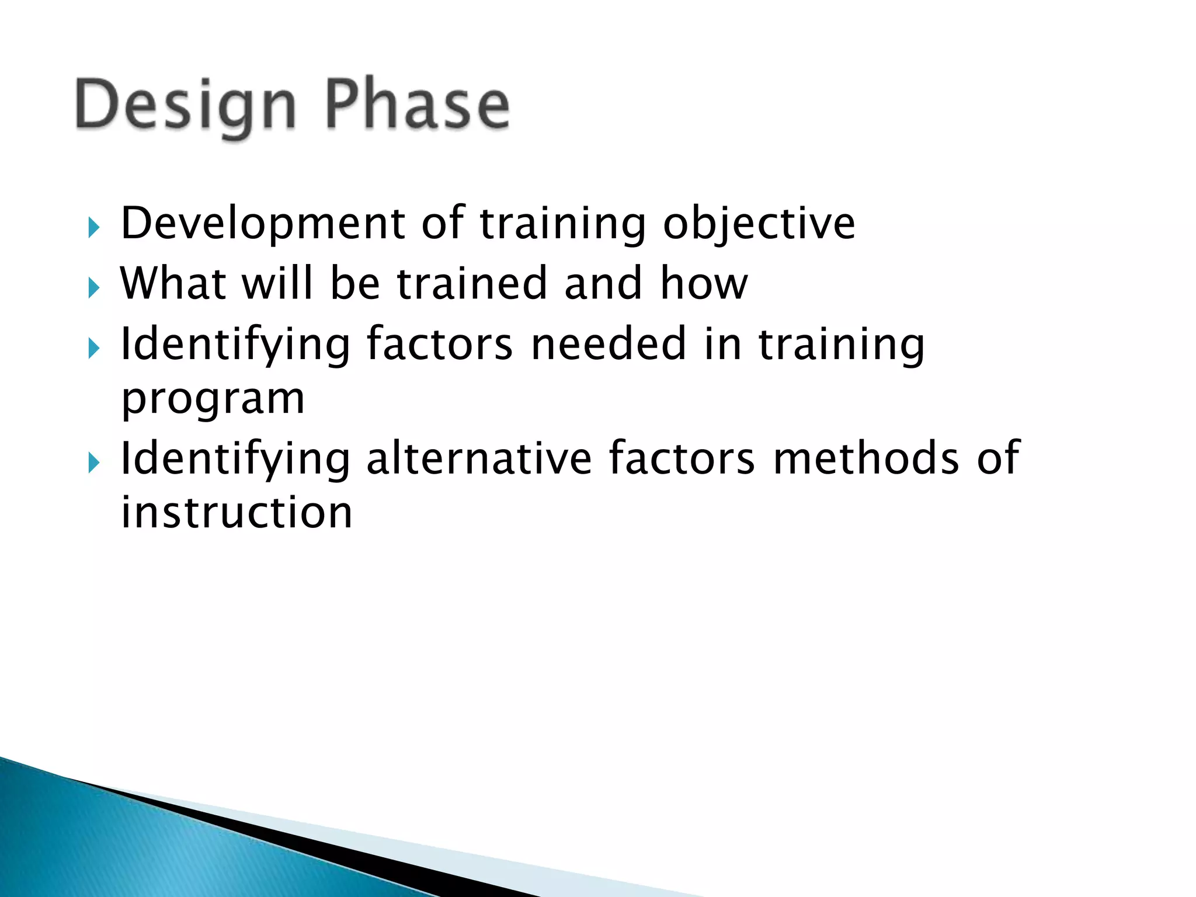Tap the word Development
263,224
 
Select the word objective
759,224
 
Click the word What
173,284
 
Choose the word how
704,284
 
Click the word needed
609,344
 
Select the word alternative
479,458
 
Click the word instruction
237,513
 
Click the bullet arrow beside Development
93,228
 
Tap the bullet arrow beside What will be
93,287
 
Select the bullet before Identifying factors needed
93,348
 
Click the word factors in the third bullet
439,344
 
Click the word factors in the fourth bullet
682,458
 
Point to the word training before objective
563,224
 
